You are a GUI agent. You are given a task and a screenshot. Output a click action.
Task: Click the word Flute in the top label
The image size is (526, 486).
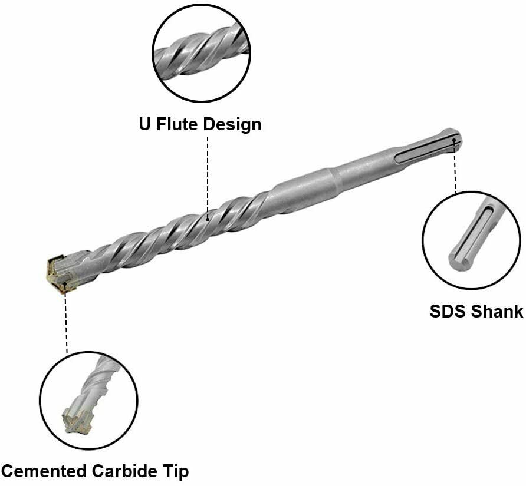178,124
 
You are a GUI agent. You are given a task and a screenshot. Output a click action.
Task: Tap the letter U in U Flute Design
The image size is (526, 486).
144,124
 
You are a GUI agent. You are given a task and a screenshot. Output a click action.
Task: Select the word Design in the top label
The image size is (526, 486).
232,125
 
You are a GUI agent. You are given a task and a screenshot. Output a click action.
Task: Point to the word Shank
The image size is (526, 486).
497,312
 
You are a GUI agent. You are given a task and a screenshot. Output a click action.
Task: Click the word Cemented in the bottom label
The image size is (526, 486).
45,471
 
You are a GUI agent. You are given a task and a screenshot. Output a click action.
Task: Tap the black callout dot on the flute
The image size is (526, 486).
208,219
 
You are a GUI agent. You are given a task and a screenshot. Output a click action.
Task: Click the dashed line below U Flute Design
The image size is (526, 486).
208,176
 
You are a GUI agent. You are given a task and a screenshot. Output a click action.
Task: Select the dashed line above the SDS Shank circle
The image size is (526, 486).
455,167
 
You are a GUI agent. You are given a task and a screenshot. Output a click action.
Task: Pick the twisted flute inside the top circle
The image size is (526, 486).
201,52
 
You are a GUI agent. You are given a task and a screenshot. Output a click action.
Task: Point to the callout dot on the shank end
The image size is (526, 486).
454,140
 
